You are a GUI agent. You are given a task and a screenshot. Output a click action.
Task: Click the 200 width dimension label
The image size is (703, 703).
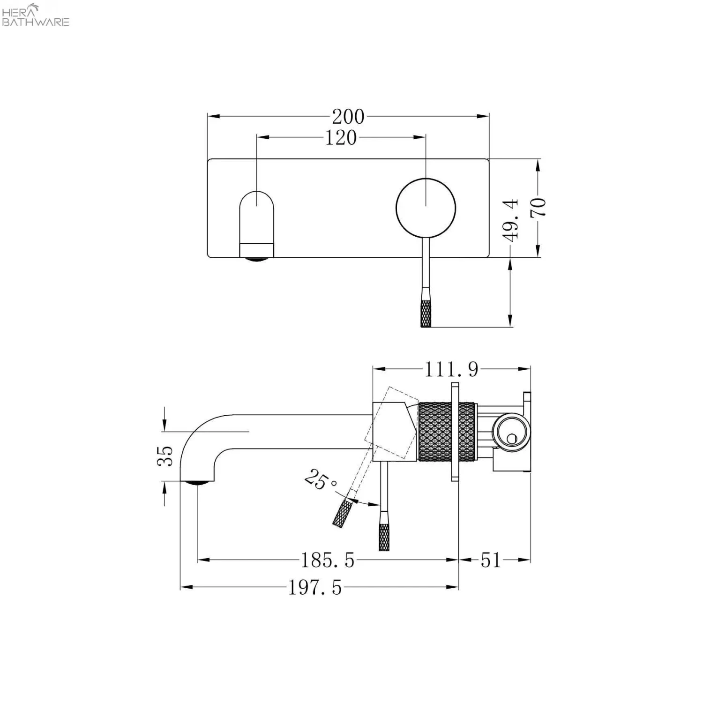point(348,116)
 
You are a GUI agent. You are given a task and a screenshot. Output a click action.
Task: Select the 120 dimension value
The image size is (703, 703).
point(341,138)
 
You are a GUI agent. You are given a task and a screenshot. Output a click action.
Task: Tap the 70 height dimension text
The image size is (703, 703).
point(538,207)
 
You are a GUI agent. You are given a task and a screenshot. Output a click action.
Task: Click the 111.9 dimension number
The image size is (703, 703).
point(451,370)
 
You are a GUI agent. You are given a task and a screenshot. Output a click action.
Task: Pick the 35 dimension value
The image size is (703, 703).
point(165,456)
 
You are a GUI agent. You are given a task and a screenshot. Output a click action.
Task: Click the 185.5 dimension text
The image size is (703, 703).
point(327,560)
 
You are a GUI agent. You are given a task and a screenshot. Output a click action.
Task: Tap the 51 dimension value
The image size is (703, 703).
point(491,560)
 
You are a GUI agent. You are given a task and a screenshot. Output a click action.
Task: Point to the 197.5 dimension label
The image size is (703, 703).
point(315,587)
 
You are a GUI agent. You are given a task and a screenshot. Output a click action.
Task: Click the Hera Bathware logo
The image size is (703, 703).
point(36,15)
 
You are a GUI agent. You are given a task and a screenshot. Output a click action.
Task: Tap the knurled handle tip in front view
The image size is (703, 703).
point(426,313)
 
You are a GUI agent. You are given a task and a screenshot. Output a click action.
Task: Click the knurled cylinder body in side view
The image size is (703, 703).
point(447,431)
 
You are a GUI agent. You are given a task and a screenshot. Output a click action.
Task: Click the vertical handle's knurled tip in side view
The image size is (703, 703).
point(384,535)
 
